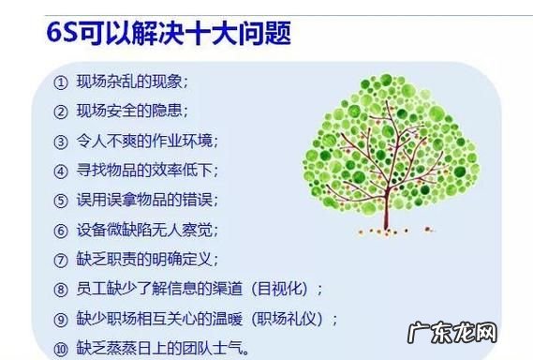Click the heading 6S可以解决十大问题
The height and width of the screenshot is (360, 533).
[168, 35]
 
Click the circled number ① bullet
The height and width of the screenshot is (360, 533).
[60, 82]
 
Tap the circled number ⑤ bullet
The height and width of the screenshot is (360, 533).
[60, 200]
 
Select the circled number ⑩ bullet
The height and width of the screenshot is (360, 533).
[60, 347]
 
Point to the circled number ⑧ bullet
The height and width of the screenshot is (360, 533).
[60, 289]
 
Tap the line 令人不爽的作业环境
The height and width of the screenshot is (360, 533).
[149, 141]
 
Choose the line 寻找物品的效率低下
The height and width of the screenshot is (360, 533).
[149, 171]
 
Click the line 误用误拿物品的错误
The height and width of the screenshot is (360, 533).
[149, 200]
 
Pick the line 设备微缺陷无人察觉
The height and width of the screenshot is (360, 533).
[149, 230]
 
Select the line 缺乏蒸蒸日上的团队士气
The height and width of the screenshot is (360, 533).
[165, 347]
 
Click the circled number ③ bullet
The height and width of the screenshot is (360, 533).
[60, 141]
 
